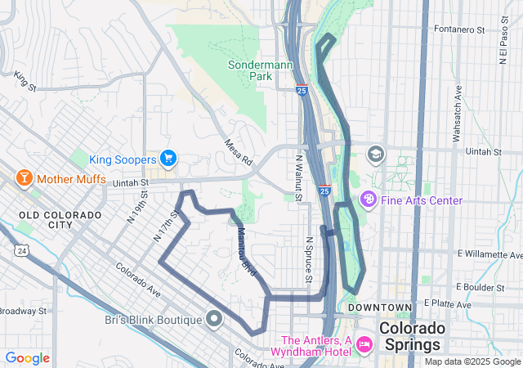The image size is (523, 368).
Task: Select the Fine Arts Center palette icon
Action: (x=369, y=200)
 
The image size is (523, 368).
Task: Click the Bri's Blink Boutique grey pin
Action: (x=215, y=319)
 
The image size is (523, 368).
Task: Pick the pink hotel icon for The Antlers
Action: (x=364, y=347)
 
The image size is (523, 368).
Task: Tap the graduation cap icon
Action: (x=375, y=153)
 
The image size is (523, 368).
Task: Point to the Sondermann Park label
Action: (x=249, y=70)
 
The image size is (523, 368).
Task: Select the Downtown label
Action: (x=380, y=307)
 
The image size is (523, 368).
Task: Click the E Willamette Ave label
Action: (x=488, y=254)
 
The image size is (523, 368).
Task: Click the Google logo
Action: (x=27, y=358)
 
